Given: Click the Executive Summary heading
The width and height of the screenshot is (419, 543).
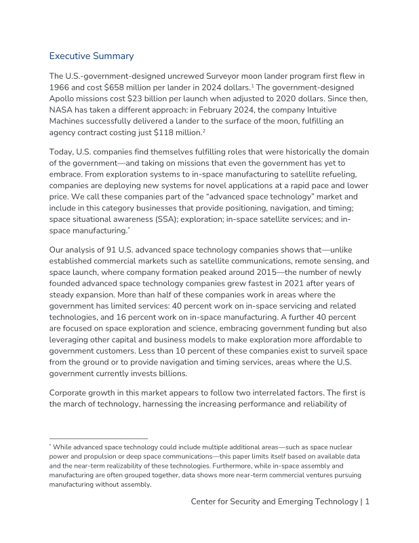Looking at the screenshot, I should point(92,56).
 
